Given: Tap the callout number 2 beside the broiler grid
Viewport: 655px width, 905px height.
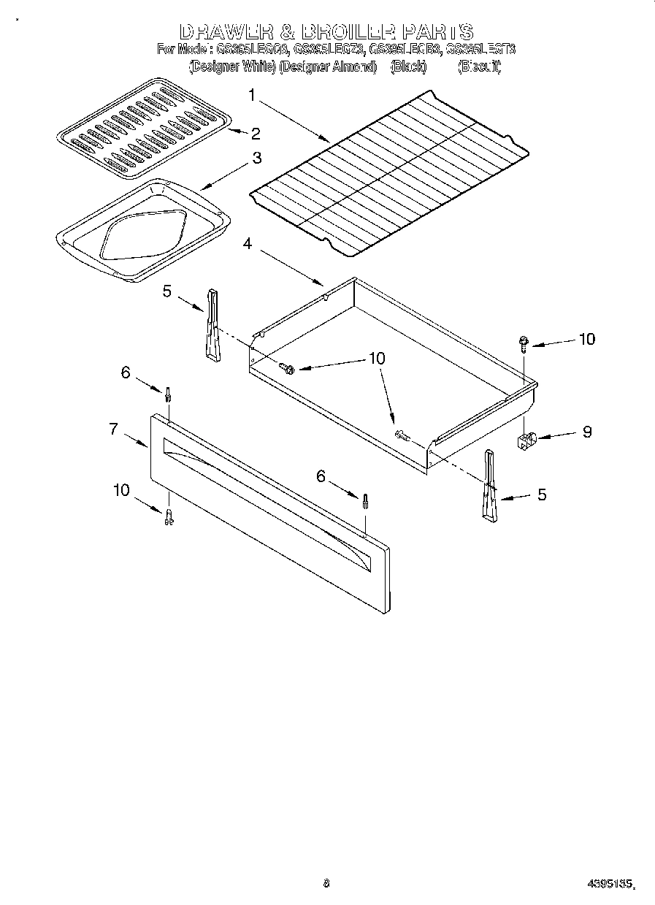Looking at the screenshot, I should (x=255, y=133).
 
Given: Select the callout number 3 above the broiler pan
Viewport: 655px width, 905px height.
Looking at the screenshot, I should (x=257, y=158).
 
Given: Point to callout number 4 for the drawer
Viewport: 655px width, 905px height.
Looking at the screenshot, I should (x=248, y=244).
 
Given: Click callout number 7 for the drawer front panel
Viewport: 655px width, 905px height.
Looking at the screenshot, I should (x=114, y=429).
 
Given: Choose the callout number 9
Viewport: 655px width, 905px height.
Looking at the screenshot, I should (x=586, y=431).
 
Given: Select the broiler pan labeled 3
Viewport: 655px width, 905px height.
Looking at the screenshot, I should (x=142, y=229).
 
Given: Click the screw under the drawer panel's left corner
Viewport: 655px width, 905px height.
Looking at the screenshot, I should (x=169, y=516).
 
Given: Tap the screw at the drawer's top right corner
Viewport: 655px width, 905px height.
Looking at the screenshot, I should (x=524, y=343).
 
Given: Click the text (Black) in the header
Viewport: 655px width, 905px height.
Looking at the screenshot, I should (x=407, y=66).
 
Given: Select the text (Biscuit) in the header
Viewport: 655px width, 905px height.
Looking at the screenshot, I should (x=479, y=66).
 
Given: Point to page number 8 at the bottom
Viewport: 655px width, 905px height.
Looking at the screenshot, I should (x=326, y=883).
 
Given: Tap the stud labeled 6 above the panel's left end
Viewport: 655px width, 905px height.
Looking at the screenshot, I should (x=168, y=394).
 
